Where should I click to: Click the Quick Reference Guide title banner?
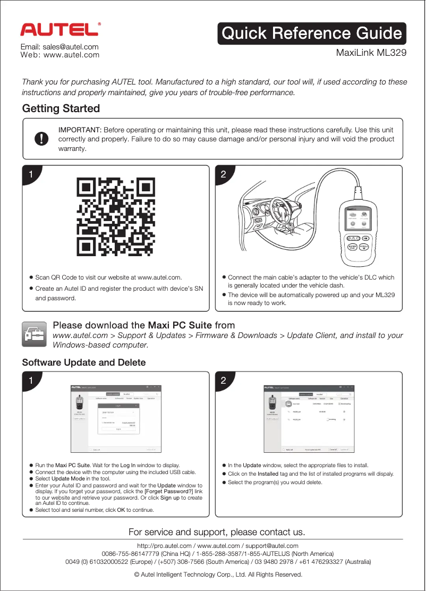point(312,33)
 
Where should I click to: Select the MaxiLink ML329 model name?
point(371,53)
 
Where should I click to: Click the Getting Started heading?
point(61,108)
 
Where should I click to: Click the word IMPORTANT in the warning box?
point(80,130)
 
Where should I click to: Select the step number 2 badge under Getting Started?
point(224,174)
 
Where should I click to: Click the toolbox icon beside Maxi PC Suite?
point(35,334)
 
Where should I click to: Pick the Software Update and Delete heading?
point(84,362)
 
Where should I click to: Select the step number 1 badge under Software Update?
point(31,381)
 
